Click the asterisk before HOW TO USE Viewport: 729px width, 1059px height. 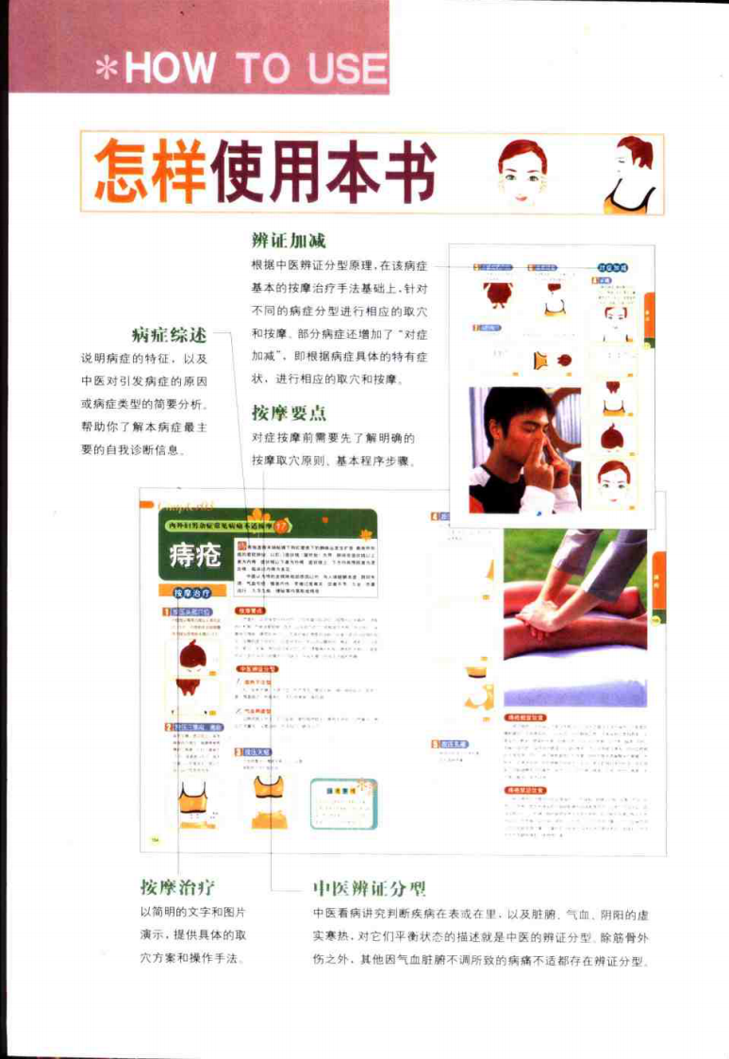tap(108, 69)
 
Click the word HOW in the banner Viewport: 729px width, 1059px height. tap(170, 69)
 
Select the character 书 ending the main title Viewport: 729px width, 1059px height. tap(403, 173)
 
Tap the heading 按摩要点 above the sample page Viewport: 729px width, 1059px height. tap(289, 412)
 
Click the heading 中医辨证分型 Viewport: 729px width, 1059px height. tap(369, 889)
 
